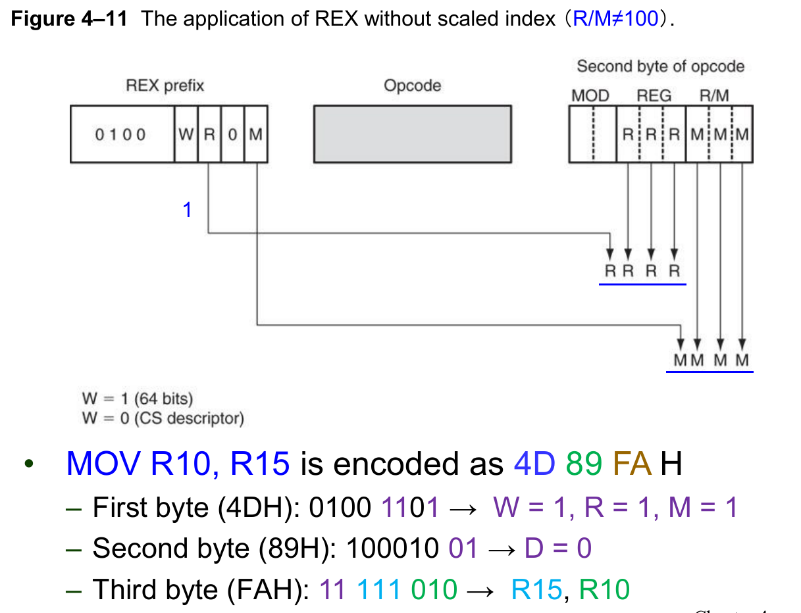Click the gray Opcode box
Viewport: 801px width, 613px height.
click(x=413, y=134)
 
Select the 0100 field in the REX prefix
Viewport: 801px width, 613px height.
click(x=121, y=135)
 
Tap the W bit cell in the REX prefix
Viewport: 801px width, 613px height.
click(x=186, y=135)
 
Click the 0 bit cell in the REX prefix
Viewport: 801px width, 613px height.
click(x=232, y=135)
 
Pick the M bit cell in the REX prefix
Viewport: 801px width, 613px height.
click(x=255, y=135)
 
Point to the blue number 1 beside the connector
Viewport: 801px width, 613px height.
click(x=188, y=210)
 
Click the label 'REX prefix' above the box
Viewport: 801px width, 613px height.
click(x=165, y=86)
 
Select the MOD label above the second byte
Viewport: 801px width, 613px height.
click(x=590, y=96)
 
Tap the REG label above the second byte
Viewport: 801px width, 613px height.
click(x=654, y=96)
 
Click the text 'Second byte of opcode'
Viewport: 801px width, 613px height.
click(x=660, y=66)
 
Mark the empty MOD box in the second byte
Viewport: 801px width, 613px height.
click(x=592, y=135)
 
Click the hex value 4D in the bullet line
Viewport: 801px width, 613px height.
click(x=534, y=464)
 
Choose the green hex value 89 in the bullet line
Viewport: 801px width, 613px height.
click(x=584, y=464)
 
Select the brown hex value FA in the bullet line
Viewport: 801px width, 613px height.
click(x=633, y=464)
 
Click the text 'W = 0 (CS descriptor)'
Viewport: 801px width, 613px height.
click(x=163, y=418)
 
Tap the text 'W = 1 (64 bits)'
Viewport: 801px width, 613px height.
click(x=137, y=399)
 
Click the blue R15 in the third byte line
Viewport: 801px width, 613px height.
click(x=536, y=590)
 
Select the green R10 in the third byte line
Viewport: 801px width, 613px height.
click(x=604, y=590)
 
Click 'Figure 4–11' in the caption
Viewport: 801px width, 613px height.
click(x=71, y=18)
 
